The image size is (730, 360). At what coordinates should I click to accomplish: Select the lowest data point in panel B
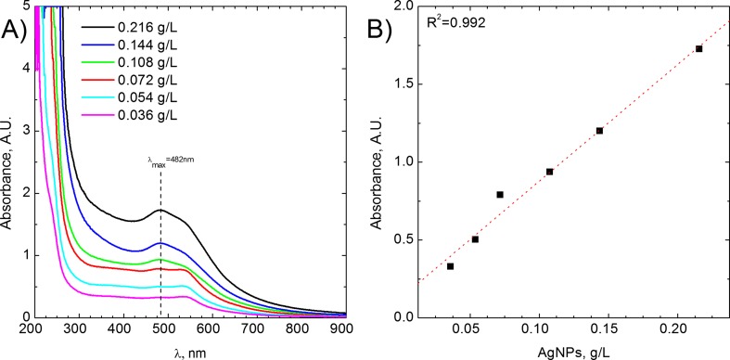(x=451, y=266)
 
